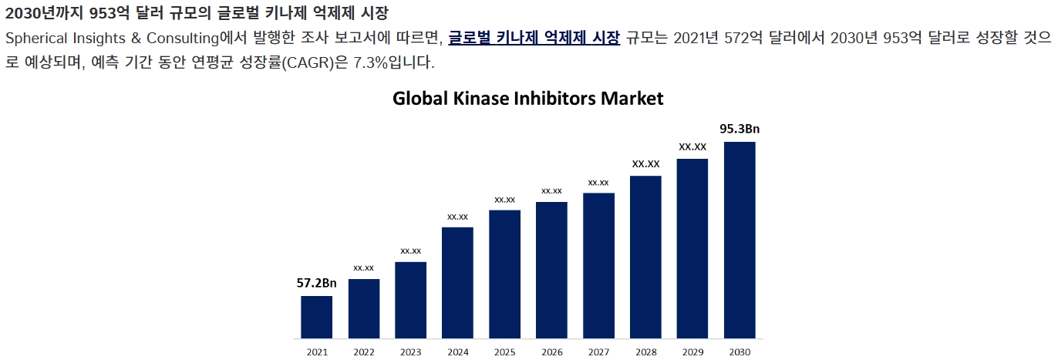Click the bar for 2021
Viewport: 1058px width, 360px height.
317,317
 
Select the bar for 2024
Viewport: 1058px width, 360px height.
457,282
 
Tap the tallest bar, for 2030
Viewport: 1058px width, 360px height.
740,240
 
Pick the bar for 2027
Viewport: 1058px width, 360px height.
598,265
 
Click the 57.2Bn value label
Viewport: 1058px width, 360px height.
317,283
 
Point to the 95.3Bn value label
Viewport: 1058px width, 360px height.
740,129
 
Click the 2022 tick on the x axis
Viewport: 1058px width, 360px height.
364,352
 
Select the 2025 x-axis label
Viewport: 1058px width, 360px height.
504,352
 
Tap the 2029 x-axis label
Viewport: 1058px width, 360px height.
692,352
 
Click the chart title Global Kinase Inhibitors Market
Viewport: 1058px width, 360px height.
528,99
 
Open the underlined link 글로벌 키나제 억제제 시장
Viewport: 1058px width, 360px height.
534,39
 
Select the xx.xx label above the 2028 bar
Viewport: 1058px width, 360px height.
645,163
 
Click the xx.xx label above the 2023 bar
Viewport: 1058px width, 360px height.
410,251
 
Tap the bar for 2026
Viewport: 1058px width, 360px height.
551,270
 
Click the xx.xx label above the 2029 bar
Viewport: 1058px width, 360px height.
692,146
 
